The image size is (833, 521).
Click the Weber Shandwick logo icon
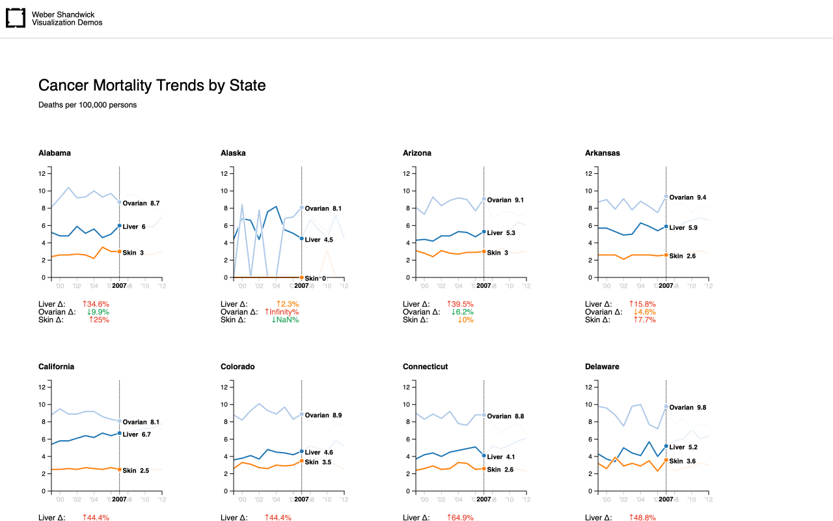[16, 18]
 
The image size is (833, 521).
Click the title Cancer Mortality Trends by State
[152, 85]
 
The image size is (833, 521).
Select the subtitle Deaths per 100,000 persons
[87, 105]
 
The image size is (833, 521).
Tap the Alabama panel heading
[55, 153]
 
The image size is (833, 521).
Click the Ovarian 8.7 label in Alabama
[141, 204]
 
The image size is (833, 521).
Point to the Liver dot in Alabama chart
[119, 225]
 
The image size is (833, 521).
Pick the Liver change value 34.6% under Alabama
[96, 304]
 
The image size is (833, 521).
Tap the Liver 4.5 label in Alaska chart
[319, 240]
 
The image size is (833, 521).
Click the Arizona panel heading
[417, 153]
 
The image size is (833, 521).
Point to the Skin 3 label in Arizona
[498, 253]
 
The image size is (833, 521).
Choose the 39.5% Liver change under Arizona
[460, 304]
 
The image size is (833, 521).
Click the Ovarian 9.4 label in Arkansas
[688, 197]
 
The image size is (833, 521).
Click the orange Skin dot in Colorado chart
[301, 461]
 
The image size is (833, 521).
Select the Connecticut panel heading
[426, 367]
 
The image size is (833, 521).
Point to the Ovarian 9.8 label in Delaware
[688, 408]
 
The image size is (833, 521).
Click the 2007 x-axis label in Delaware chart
[666, 500]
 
